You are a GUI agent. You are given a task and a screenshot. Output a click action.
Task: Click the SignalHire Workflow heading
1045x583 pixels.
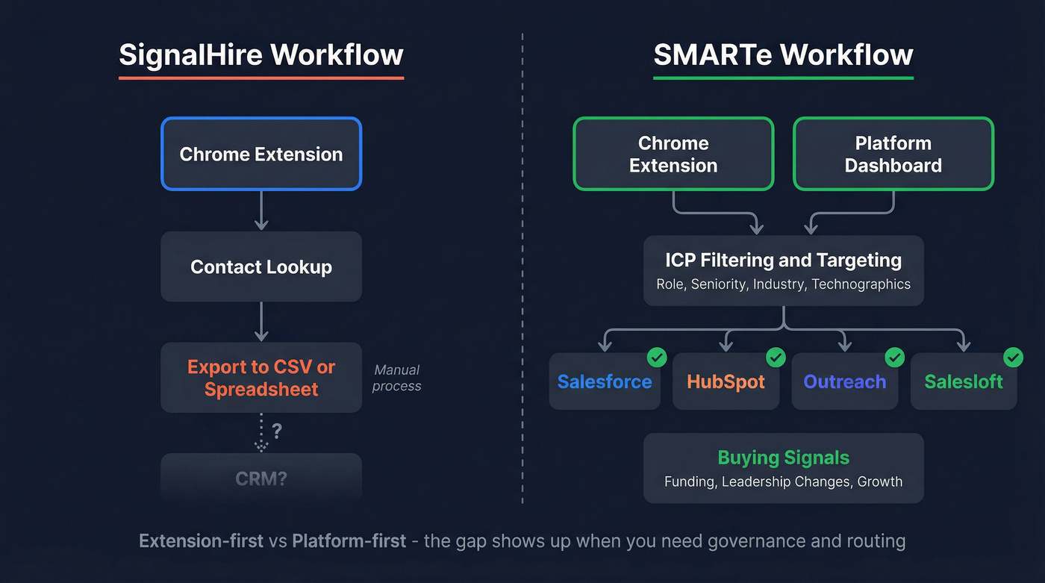(261, 55)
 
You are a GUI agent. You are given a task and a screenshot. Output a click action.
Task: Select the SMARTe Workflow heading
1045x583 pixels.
(783, 55)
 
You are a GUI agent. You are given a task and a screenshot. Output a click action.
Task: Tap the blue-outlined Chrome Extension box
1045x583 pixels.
(261, 154)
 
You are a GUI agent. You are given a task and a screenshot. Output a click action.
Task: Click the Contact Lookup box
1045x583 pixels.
(261, 266)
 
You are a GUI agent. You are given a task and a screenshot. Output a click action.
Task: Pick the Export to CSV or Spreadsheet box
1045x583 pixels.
(261, 378)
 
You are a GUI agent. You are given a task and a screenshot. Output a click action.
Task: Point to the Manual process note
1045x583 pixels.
(397, 378)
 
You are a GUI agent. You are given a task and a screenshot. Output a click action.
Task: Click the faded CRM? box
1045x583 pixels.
(261, 478)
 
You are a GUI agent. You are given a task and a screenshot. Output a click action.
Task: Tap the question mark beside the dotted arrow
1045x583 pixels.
(277, 431)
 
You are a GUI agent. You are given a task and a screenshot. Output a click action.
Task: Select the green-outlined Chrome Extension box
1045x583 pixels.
(673, 154)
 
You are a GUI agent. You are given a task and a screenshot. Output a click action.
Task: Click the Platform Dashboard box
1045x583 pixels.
(893, 154)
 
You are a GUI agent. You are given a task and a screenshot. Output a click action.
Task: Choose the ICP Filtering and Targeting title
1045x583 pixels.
(783, 260)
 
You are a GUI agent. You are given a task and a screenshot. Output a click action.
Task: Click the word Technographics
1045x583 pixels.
(861, 284)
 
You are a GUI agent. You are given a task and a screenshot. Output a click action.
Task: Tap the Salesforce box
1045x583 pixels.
(605, 381)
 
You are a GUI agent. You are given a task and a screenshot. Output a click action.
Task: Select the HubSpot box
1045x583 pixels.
(726, 381)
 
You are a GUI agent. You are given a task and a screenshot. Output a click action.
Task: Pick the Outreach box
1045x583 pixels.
(844, 381)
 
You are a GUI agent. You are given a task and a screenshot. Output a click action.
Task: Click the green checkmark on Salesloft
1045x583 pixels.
(1013, 358)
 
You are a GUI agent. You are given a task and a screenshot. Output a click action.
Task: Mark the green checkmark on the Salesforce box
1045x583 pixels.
(657, 358)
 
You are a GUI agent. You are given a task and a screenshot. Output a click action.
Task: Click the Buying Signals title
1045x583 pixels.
(783, 457)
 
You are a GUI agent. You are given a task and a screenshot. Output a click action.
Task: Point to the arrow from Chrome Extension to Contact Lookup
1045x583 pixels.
(261, 211)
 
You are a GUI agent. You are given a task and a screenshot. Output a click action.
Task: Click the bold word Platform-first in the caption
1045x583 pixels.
(349, 540)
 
